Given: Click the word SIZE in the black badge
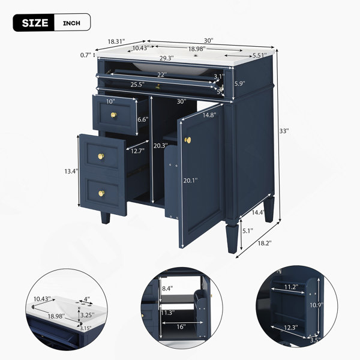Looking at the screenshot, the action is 35,23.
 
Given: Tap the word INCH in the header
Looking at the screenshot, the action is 71,23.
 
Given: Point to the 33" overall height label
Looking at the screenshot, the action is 284,131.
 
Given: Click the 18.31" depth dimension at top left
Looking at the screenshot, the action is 116,41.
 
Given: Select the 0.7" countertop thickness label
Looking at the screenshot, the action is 86,55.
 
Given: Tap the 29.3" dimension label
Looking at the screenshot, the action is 167,58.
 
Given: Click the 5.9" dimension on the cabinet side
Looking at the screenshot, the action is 239,83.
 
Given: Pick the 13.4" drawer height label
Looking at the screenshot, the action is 71,171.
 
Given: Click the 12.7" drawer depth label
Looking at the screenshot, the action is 138,151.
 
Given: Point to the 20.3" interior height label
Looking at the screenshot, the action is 161,146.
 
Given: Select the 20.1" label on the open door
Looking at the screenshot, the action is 190,181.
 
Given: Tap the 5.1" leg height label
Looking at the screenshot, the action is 248,230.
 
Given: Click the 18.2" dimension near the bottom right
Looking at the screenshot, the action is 265,243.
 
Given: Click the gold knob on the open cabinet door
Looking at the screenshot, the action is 188,140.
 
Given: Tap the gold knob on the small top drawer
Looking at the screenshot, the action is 113,115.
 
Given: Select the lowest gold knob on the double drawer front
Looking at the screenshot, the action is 101,193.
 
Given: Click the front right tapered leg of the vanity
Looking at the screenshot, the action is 232,239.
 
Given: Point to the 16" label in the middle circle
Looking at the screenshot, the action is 181,326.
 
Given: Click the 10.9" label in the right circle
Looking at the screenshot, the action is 317,305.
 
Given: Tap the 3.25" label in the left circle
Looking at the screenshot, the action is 88,315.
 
